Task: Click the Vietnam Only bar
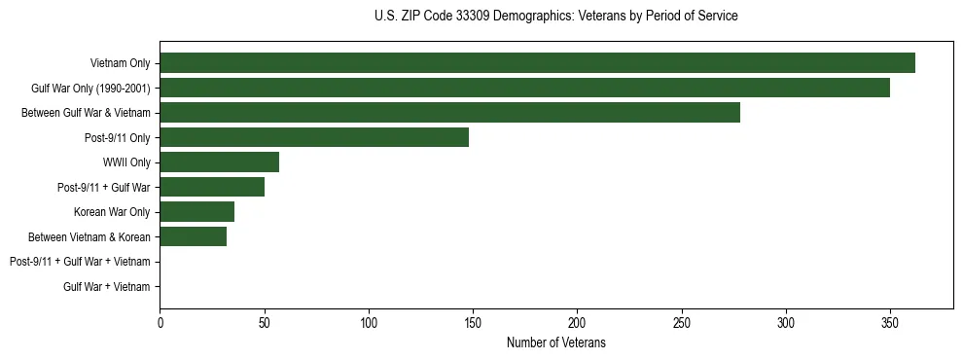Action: point(537,63)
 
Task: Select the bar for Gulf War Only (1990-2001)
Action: point(524,88)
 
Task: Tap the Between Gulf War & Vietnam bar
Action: point(449,113)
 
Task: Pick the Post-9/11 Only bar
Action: point(314,137)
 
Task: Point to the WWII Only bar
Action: point(219,162)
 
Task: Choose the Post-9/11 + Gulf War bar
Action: point(212,187)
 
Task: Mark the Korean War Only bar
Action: point(196,212)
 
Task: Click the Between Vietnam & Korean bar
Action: point(193,236)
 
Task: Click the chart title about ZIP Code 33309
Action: point(555,17)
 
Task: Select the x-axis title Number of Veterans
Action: point(555,342)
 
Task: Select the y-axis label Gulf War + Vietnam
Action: point(107,287)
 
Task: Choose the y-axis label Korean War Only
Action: point(112,212)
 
